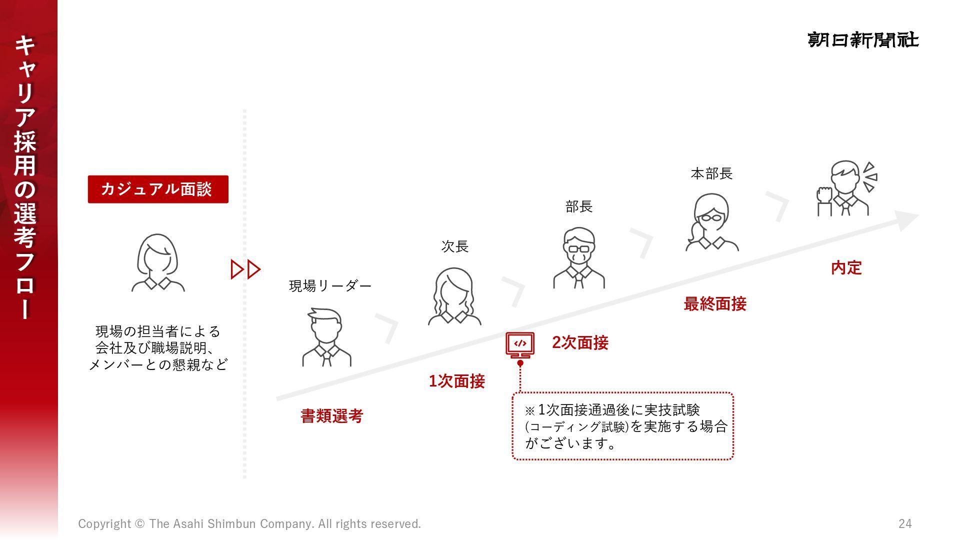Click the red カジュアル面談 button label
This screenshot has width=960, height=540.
[x=157, y=189]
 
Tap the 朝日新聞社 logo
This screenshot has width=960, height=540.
[x=862, y=40]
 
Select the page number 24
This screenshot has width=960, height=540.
[x=905, y=523]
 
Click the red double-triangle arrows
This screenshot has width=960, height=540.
[x=245, y=269]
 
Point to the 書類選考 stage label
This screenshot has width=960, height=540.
[x=331, y=416]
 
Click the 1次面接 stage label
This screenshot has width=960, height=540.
[x=456, y=381]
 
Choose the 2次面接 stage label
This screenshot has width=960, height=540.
[x=580, y=343]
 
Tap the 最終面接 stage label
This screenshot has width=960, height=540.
[x=714, y=304]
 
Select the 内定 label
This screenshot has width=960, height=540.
[x=846, y=268]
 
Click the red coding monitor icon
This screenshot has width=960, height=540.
[x=520, y=344]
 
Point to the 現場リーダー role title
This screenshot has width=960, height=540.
[x=330, y=286]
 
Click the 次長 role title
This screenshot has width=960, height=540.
[x=454, y=246]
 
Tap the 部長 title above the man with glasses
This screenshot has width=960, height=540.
[x=579, y=206]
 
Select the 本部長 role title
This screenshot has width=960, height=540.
[x=711, y=174]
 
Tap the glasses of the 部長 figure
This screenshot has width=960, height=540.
[x=579, y=248]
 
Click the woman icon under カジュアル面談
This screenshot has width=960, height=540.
[x=158, y=262]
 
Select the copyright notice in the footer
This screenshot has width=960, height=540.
[x=249, y=523]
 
